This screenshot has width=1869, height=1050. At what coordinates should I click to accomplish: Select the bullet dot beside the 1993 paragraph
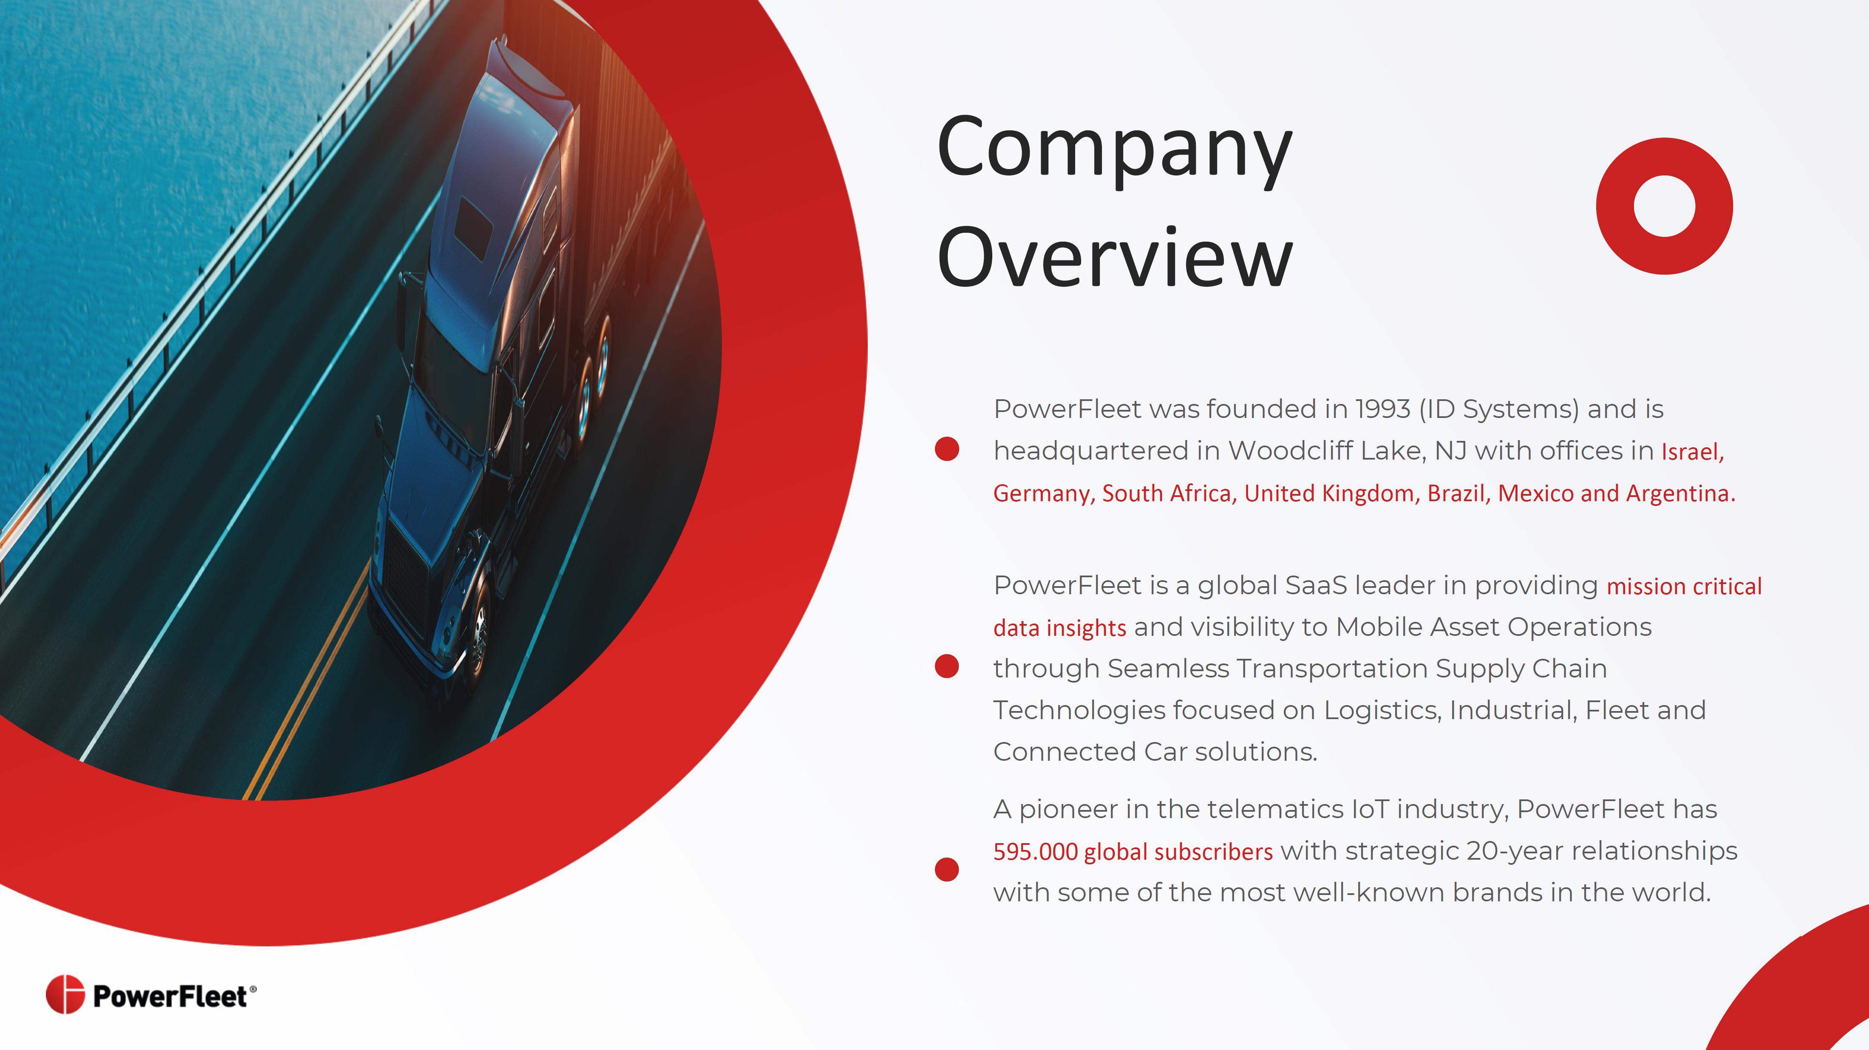coord(947,449)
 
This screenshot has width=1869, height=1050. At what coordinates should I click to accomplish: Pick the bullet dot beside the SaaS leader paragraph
coord(947,666)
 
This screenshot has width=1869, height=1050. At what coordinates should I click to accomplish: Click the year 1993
coord(1383,409)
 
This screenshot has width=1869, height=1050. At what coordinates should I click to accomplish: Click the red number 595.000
coord(1035,851)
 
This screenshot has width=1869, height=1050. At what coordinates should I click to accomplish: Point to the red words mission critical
coord(1684,586)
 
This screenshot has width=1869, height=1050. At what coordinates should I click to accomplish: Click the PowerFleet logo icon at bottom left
coord(65,994)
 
